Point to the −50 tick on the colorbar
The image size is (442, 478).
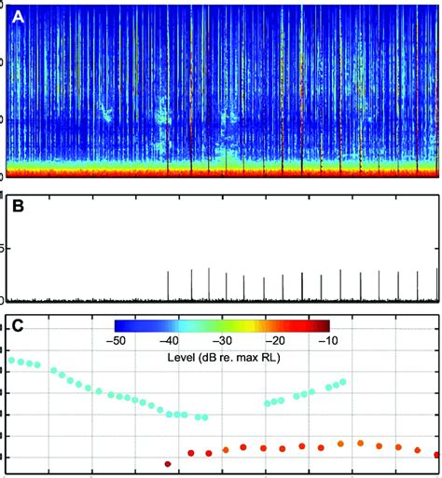tap(117, 342)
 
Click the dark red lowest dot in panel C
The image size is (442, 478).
tap(168, 463)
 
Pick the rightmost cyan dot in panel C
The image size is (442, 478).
tap(342, 381)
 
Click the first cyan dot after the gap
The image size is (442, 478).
tap(269, 403)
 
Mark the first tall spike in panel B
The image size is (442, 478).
tap(168, 285)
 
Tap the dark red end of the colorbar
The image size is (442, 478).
tap(326, 326)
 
